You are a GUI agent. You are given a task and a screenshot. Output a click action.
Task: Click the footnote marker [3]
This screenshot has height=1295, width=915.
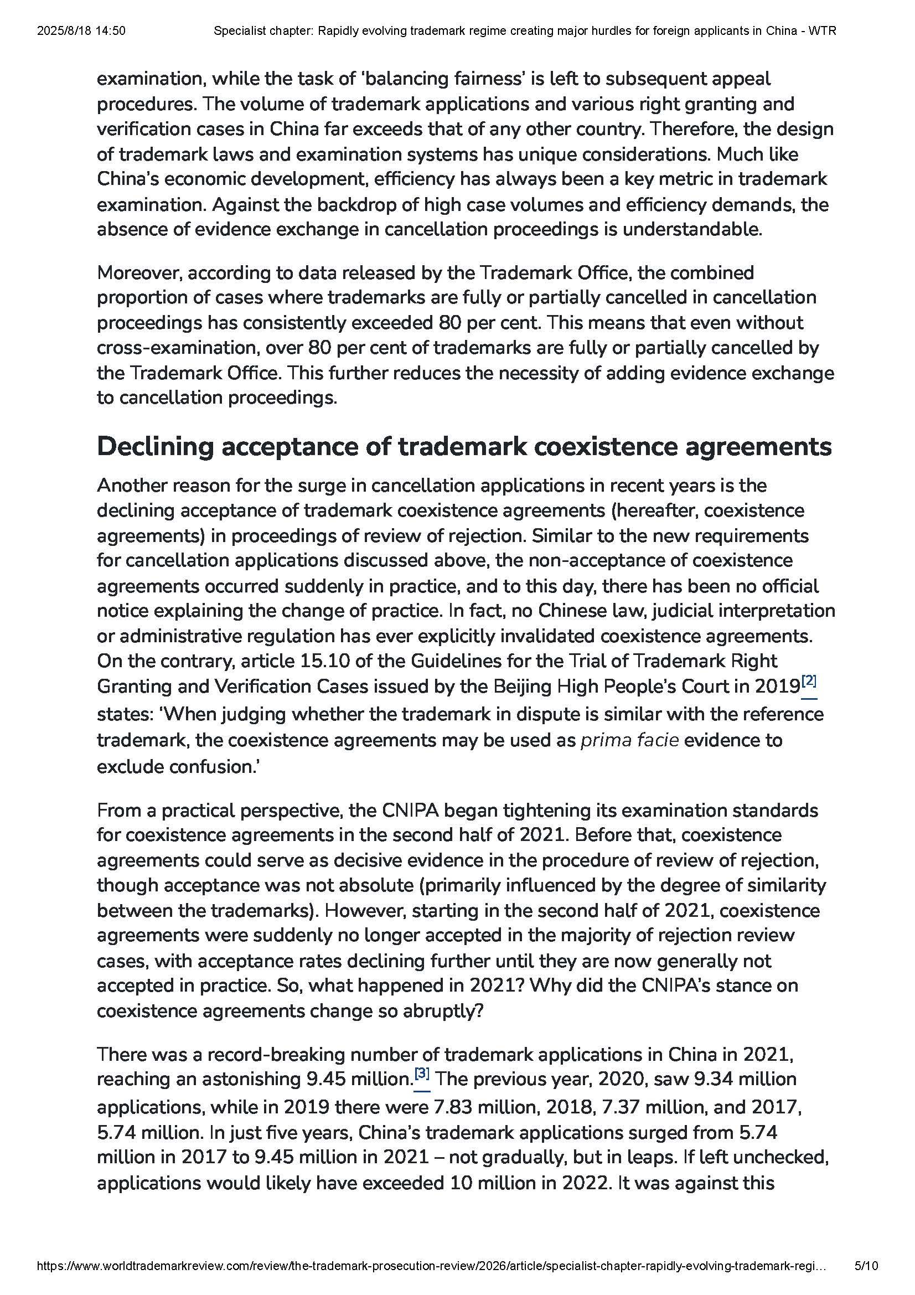click(422, 1073)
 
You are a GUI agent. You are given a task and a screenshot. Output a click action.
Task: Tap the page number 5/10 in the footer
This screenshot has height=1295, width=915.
click(866, 1281)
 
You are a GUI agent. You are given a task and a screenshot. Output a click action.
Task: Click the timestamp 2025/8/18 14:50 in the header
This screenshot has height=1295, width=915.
click(81, 31)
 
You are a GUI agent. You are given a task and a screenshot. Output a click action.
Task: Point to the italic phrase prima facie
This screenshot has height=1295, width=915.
click(629, 740)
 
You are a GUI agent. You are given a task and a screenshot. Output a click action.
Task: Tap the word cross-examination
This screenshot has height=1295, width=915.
click(177, 348)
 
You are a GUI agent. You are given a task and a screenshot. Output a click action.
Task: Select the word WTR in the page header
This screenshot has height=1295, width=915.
click(821, 31)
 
